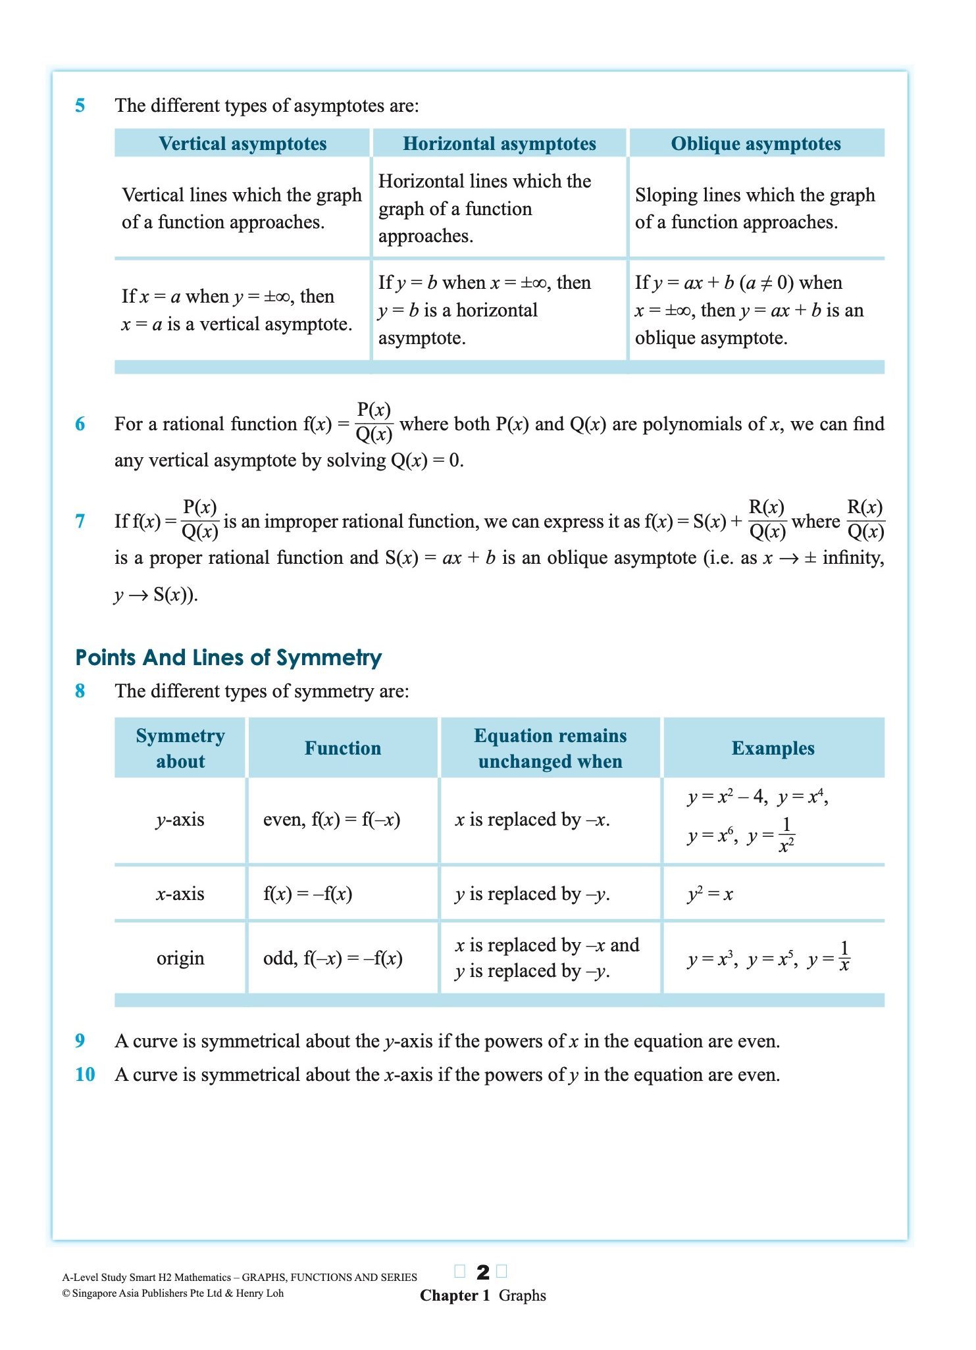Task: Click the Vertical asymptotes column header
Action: click(242, 143)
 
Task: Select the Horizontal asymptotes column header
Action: click(499, 143)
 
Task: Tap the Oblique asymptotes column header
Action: click(756, 143)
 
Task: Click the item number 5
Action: click(80, 105)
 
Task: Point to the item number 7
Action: click(80, 521)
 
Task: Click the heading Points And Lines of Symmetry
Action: click(228, 657)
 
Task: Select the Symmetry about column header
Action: click(180, 748)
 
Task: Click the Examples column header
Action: click(773, 748)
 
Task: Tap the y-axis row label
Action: click(180, 820)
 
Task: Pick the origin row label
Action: click(180, 958)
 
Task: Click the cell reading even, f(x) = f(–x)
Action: click(332, 820)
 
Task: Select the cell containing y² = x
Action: click(709, 894)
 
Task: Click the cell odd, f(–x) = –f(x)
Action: click(333, 958)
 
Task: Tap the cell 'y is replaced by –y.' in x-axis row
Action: click(532, 894)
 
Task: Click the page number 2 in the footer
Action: click(482, 1272)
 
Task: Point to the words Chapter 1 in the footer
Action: click(455, 1295)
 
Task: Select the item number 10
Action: click(85, 1074)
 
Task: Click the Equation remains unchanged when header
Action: click(550, 748)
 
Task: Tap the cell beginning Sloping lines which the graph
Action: click(755, 208)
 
